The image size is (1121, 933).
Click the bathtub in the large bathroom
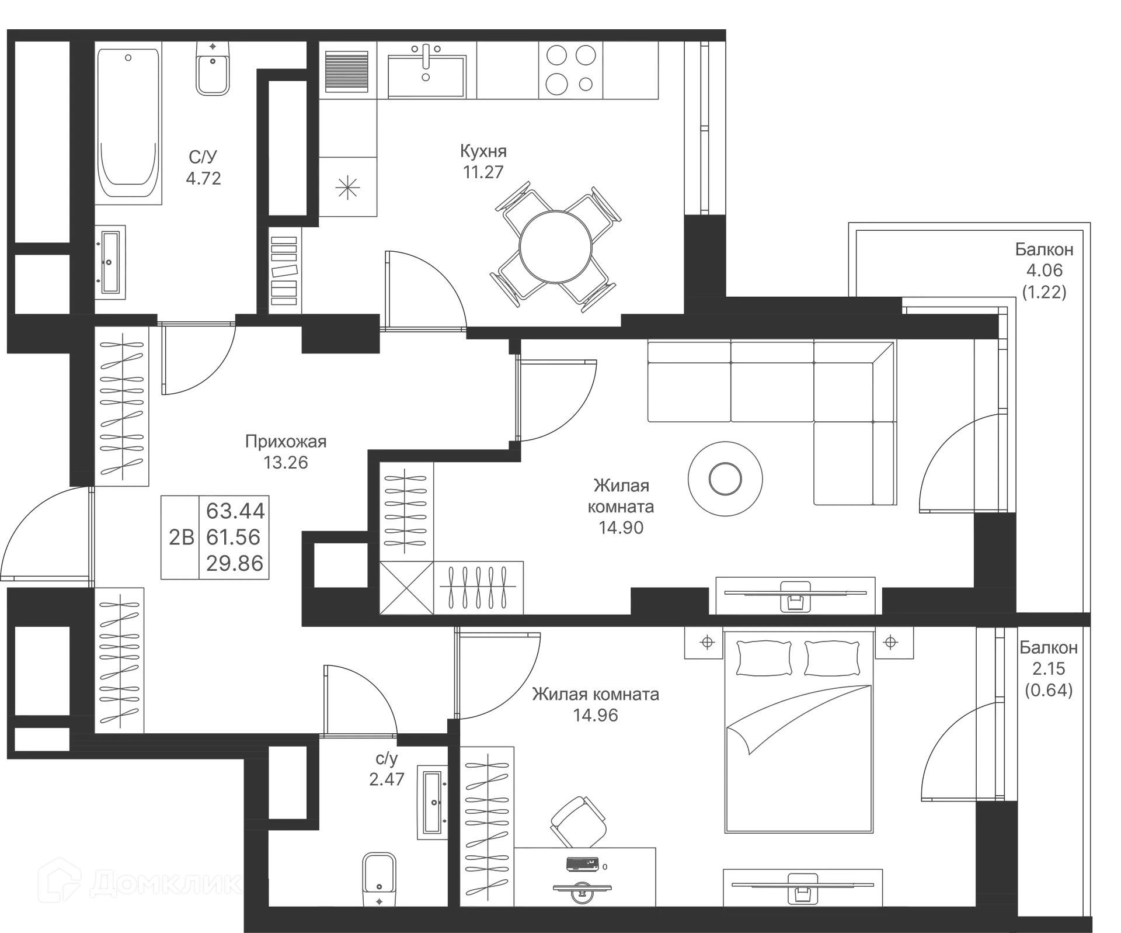[129, 122]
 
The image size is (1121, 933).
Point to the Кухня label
[483, 151]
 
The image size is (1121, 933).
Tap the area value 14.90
[621, 528]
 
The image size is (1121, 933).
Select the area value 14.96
[596, 715]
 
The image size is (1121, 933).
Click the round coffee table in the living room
[725, 479]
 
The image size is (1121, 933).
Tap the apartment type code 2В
[181, 536]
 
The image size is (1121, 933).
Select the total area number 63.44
[235, 511]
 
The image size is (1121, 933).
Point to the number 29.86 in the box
[235, 563]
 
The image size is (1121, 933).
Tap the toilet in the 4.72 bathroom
[213, 70]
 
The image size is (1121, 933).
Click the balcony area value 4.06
[1045, 270]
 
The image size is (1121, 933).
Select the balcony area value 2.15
[1049, 669]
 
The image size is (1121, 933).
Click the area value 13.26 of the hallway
[287, 463]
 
